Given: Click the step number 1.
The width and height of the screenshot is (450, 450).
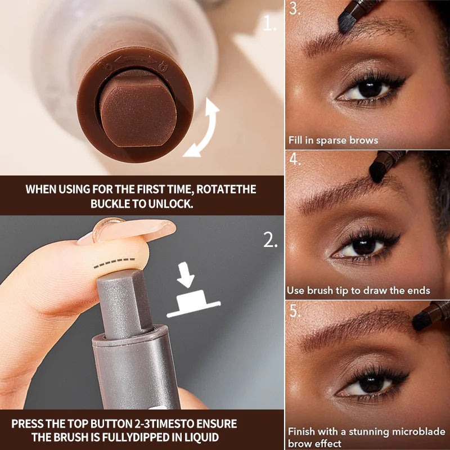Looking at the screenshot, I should [x=271, y=24].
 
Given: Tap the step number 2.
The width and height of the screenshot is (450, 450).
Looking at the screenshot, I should [x=271, y=241].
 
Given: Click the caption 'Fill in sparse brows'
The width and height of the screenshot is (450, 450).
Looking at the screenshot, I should [x=333, y=140].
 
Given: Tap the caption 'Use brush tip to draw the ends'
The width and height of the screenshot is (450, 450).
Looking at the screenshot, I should [x=358, y=291].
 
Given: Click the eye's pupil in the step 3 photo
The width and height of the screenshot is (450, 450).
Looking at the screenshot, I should [x=370, y=89].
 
